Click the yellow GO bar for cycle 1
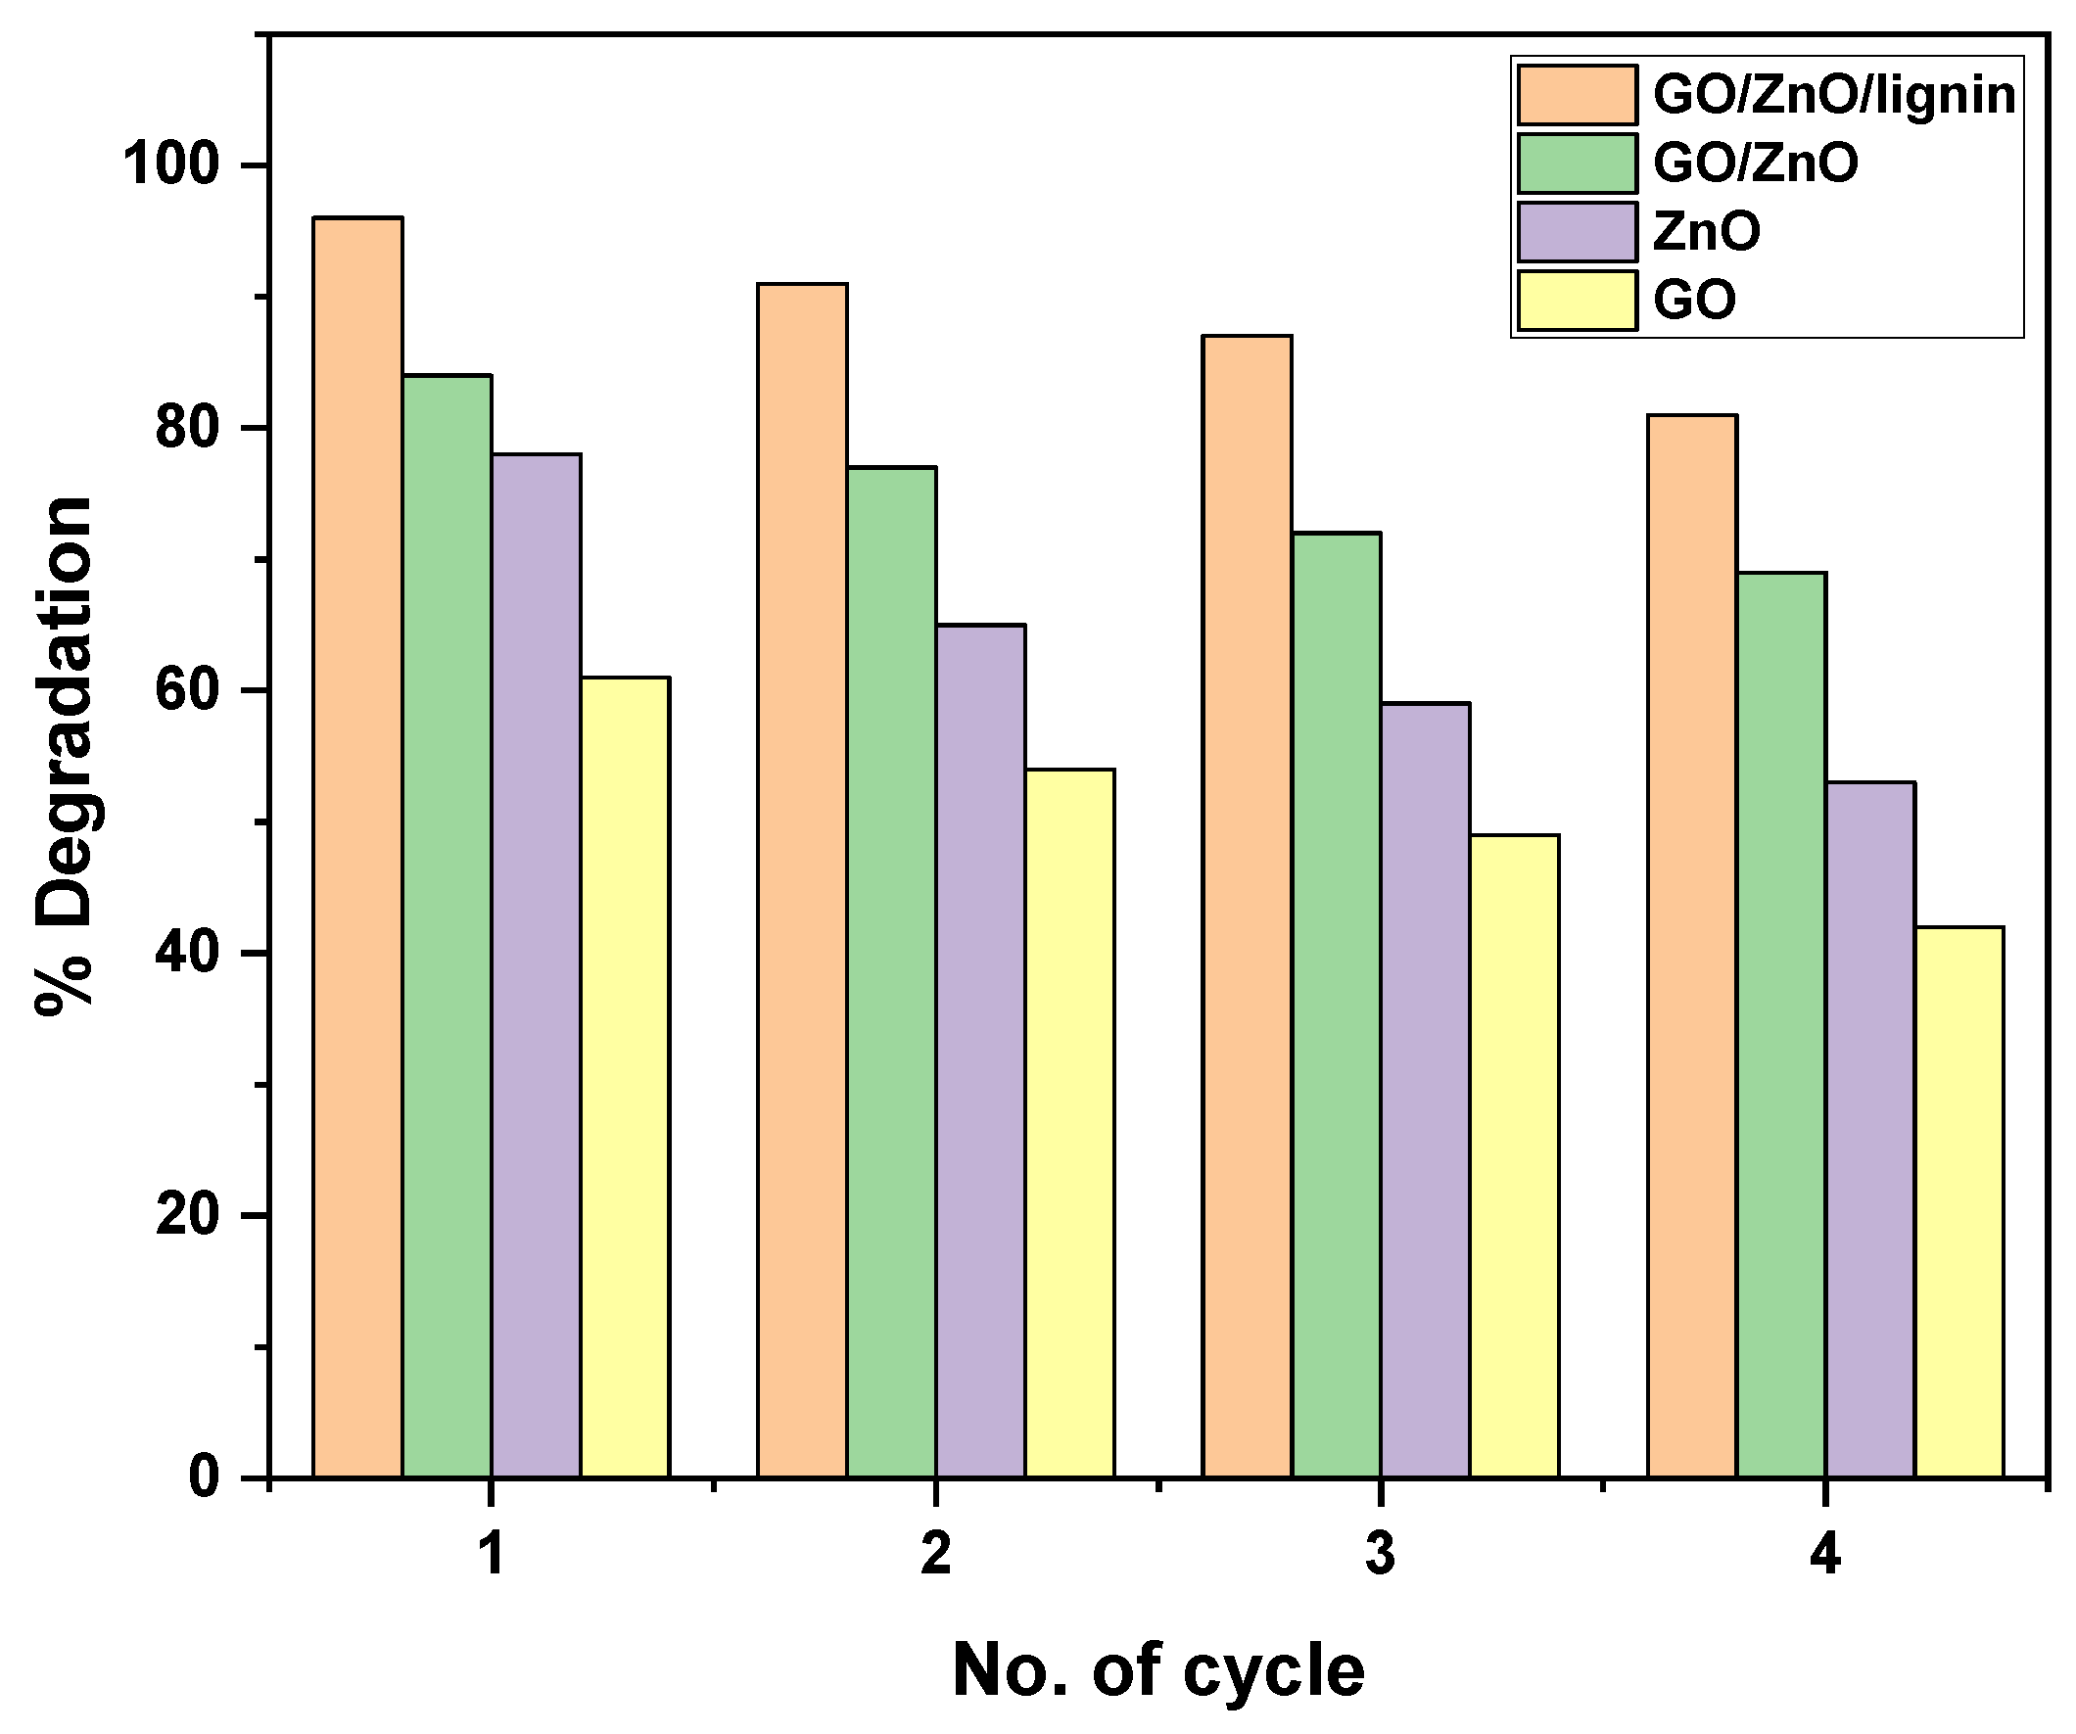pos(625,1078)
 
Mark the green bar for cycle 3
pos(1336,1006)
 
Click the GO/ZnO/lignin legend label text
pos(1834,96)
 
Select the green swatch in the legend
pos(1577,164)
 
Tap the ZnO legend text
pos(1706,232)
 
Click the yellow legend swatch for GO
pos(1577,300)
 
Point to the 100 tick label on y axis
pos(169,165)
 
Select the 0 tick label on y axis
pos(204,1477)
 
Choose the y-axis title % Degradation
pos(65,756)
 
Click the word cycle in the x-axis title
pos(1274,1671)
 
